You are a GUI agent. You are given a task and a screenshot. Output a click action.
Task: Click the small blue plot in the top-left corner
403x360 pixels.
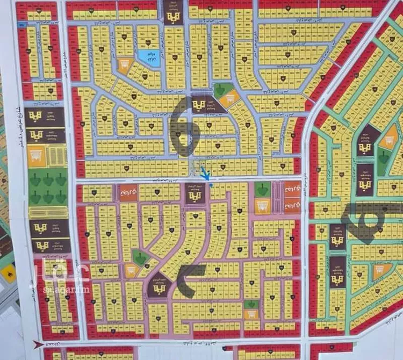click(21, 25)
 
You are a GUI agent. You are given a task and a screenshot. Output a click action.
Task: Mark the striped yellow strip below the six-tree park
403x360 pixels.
click(48, 212)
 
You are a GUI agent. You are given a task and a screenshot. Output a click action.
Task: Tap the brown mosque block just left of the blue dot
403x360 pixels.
click(195, 193)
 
